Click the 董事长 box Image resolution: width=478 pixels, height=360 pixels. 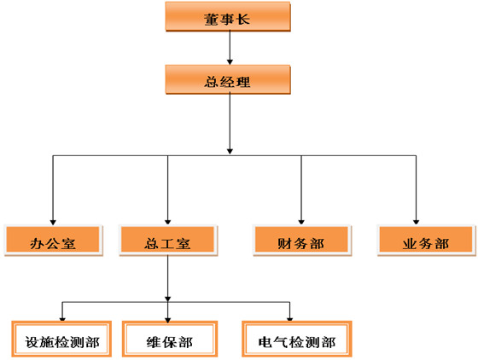(x=228, y=16)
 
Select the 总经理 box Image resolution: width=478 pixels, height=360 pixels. (x=228, y=79)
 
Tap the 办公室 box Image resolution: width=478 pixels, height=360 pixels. (x=53, y=241)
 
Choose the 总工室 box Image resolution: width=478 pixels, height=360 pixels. (x=168, y=241)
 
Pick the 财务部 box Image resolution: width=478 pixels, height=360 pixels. (x=302, y=241)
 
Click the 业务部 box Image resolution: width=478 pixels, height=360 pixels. (x=427, y=241)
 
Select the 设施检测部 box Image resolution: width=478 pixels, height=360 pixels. (x=61, y=339)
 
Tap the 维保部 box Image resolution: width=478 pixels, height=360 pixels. (x=170, y=339)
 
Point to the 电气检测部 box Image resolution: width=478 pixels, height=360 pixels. (x=297, y=339)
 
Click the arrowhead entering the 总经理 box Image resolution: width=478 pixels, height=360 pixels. (x=230, y=61)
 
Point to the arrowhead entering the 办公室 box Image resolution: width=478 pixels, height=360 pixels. (x=53, y=223)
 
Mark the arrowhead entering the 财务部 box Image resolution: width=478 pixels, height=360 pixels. (x=301, y=223)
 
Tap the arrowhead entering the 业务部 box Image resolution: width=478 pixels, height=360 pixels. (x=416, y=223)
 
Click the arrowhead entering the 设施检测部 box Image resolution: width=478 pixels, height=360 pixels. (x=62, y=319)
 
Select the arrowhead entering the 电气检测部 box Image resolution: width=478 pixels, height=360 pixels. (x=289, y=319)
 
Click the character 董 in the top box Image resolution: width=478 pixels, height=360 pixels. (x=211, y=20)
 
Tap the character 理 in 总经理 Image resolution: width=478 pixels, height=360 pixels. (x=243, y=82)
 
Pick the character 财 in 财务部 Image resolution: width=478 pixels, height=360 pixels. (x=284, y=243)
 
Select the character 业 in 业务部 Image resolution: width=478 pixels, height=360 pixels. (x=409, y=243)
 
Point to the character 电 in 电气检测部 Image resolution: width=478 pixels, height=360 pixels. (x=265, y=342)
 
